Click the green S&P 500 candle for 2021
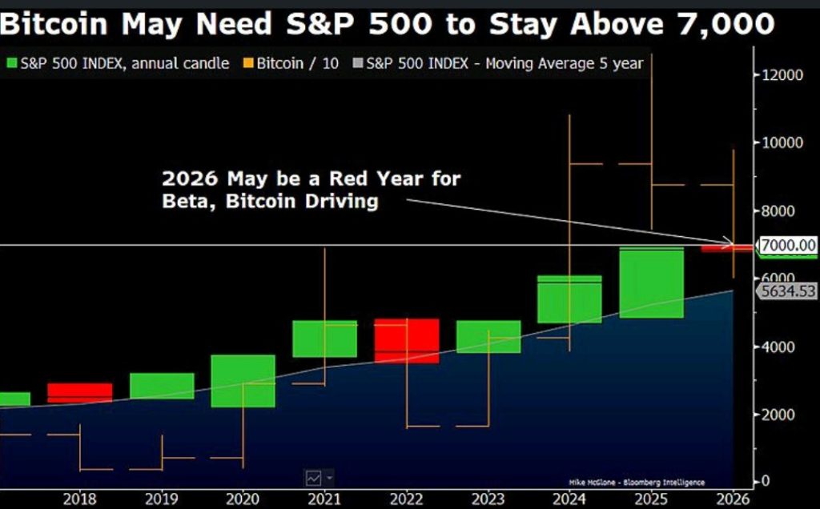click(324, 339)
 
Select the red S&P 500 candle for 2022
click(406, 340)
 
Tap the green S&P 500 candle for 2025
click(650, 283)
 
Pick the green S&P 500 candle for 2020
click(243, 381)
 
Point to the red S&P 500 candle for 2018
click(79, 392)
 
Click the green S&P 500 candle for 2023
click(488, 336)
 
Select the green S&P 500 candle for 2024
click(569, 299)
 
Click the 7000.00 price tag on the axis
click(788, 245)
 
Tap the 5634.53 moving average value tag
click(788, 291)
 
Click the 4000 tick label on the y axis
click(776, 347)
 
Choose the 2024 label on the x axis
click(569, 499)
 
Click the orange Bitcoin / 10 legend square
click(249, 63)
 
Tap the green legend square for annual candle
click(11, 63)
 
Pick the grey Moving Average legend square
click(359, 63)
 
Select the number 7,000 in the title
click(724, 24)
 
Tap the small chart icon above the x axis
click(314, 478)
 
